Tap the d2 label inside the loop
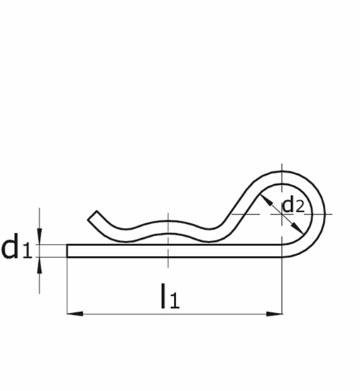pyautogui.click(x=293, y=205)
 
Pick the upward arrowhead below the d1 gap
pyautogui.click(x=40, y=262)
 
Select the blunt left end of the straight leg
pyautogui.click(x=68, y=250)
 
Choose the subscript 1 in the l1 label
pyautogui.click(x=175, y=301)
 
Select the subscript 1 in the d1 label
pyautogui.click(x=27, y=252)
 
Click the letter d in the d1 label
pyautogui.click(x=11, y=247)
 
